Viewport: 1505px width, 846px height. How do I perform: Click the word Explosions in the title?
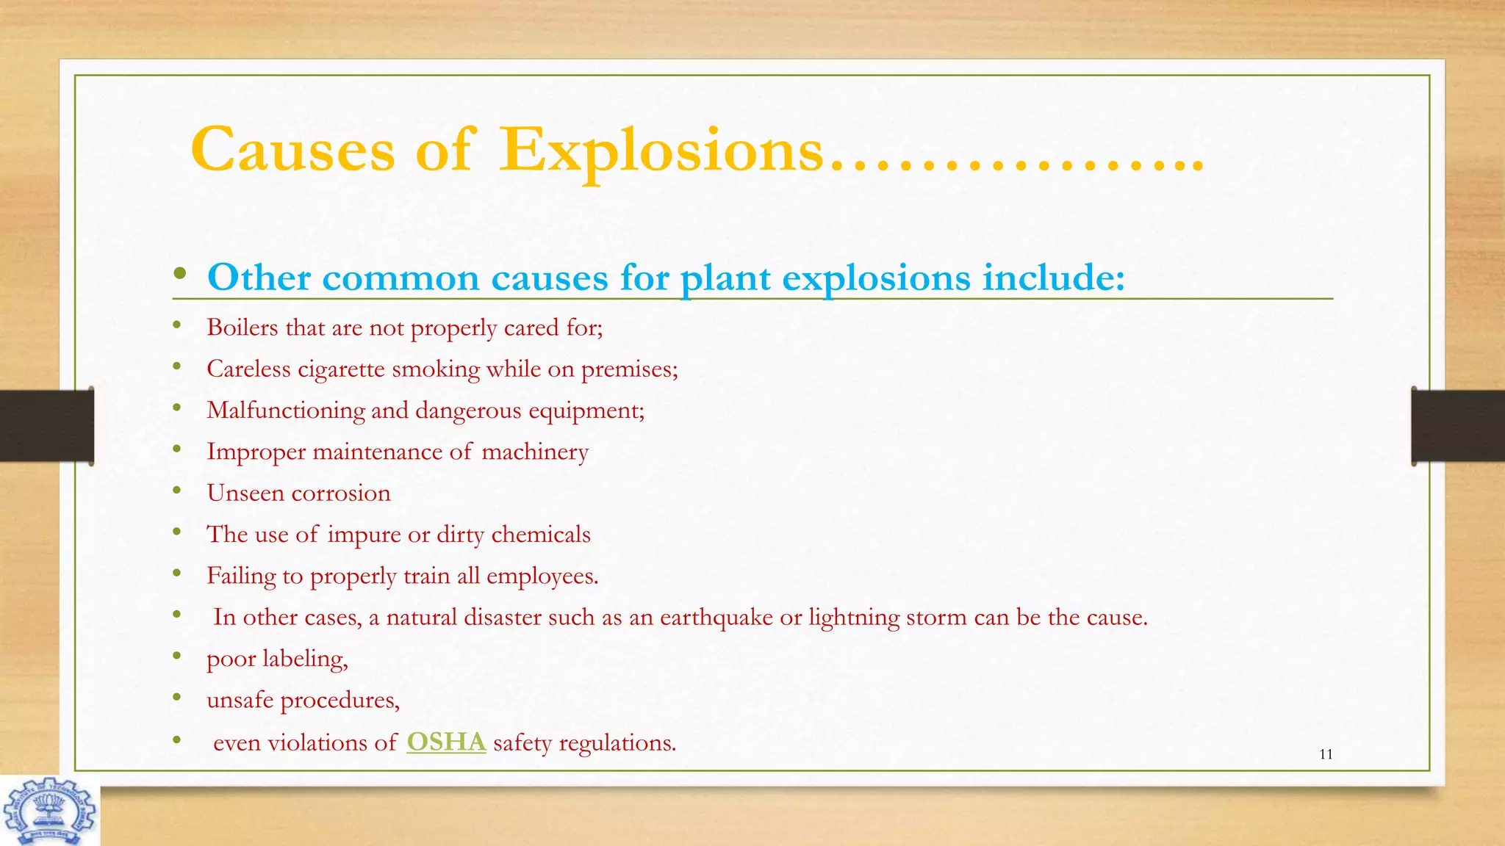(661, 151)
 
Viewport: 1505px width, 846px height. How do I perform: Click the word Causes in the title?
(292, 151)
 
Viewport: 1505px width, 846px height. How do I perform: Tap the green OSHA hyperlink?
(446, 742)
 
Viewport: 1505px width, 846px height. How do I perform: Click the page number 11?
(1326, 754)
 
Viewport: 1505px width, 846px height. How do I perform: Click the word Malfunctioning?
(285, 411)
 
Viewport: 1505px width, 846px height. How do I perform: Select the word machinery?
(535, 452)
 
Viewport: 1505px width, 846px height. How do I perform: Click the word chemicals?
(540, 535)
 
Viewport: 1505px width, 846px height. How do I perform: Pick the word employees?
(542, 576)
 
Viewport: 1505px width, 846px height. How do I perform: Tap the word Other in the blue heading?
(259, 278)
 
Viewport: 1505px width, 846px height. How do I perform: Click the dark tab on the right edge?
(1458, 426)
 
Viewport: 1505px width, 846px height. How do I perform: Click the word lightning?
(853, 618)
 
